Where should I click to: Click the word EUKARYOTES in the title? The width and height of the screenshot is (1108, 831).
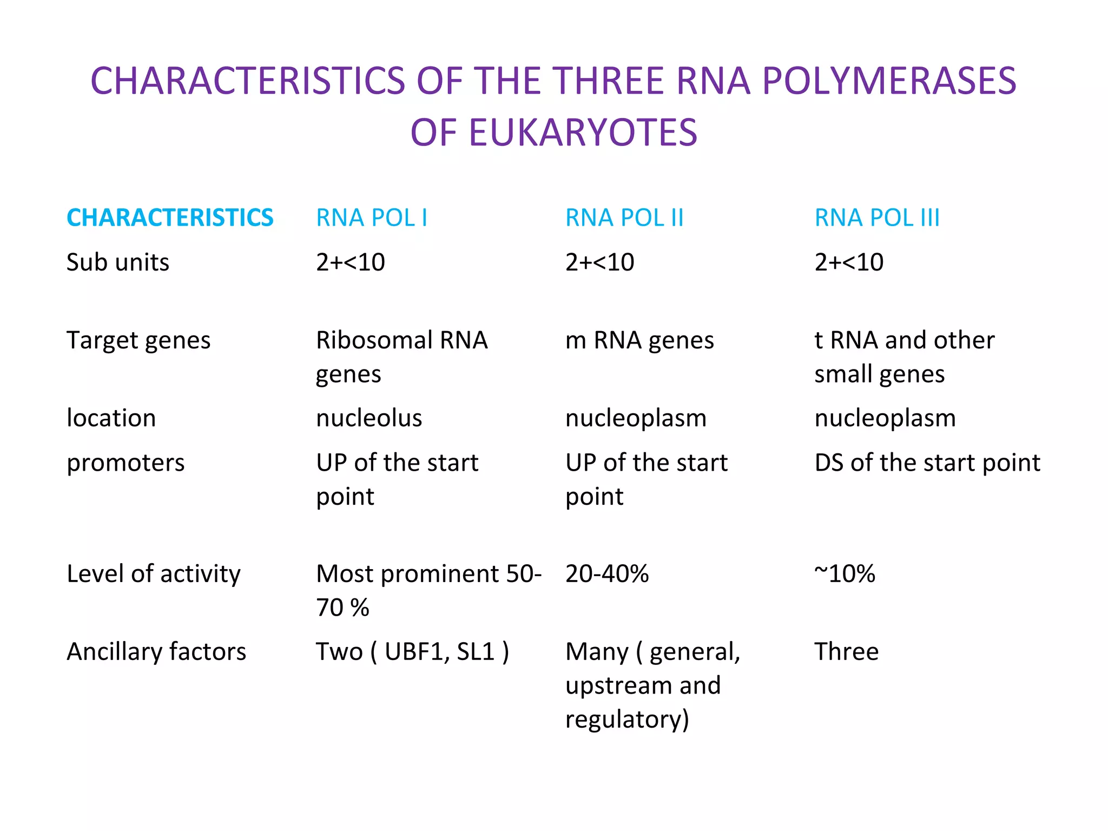(583, 133)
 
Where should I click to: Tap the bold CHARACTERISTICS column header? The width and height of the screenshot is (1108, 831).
(170, 218)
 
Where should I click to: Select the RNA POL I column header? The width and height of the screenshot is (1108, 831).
(372, 218)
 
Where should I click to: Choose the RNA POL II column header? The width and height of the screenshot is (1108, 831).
(624, 218)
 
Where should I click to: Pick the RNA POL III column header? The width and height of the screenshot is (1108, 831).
(877, 218)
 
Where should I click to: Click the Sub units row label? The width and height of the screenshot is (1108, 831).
(118, 262)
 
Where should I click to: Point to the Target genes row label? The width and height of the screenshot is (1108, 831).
(138, 341)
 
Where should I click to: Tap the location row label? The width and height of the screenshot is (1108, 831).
(111, 418)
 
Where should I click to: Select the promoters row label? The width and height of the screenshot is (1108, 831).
(126, 463)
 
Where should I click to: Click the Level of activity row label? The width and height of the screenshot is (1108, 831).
(154, 574)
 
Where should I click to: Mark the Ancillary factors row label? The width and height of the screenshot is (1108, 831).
(156, 652)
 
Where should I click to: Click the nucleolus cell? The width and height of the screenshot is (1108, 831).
(369, 418)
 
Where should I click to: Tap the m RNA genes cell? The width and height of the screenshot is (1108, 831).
(639, 341)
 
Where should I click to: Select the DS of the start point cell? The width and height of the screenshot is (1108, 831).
(927, 463)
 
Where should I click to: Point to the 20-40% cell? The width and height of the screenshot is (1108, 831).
(607, 574)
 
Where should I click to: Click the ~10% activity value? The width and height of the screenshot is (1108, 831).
(845, 574)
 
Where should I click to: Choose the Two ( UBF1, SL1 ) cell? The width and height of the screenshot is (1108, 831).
(412, 652)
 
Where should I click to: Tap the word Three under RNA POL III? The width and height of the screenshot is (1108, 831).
(847, 652)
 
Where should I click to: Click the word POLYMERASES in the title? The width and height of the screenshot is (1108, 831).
(889, 81)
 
